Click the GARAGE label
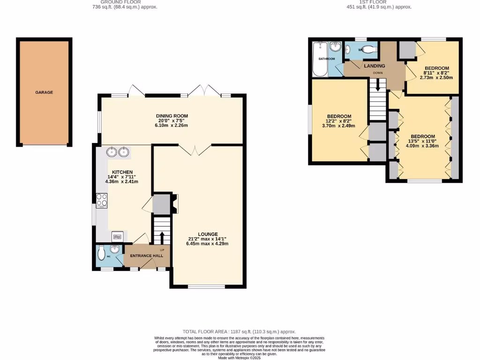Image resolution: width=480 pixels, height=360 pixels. coord(44,92)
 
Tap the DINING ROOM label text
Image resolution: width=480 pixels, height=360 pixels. coord(172,116)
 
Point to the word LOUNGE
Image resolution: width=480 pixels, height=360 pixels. coord(208,234)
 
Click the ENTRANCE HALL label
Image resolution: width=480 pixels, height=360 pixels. coord(147,256)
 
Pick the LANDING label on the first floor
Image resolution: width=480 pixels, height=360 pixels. coord(375,66)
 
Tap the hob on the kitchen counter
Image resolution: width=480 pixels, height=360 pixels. coord(102,201)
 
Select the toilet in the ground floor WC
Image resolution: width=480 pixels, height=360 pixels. coord(102,254)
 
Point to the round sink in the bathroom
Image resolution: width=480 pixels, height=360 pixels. coord(335,46)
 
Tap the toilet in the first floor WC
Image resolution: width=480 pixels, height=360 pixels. coord(368,49)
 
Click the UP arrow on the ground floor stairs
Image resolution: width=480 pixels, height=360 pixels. coord(162,236)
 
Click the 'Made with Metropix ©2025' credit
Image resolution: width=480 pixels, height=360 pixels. coord(240,358)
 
